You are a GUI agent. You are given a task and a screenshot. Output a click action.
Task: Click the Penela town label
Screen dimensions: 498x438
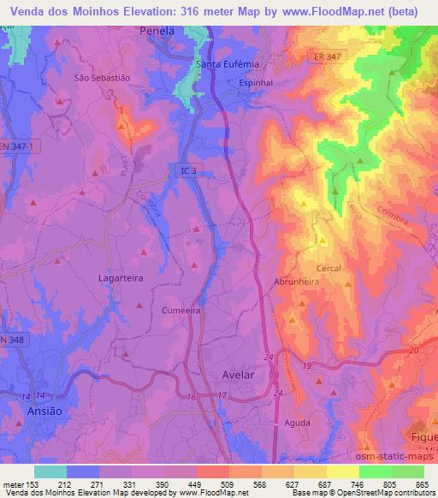point(157,30)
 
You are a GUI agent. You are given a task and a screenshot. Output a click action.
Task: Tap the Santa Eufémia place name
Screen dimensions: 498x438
point(228,64)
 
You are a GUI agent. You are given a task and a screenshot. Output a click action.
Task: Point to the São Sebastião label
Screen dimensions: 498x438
point(102,76)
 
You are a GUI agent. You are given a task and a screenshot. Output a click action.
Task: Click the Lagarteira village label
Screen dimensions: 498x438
point(96,279)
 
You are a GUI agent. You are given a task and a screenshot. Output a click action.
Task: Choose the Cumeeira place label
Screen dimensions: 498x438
point(181,311)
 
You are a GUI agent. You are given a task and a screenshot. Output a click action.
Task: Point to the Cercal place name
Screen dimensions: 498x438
point(328,268)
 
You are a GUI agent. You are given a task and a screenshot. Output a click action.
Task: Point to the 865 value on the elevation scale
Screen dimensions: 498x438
point(423,483)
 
